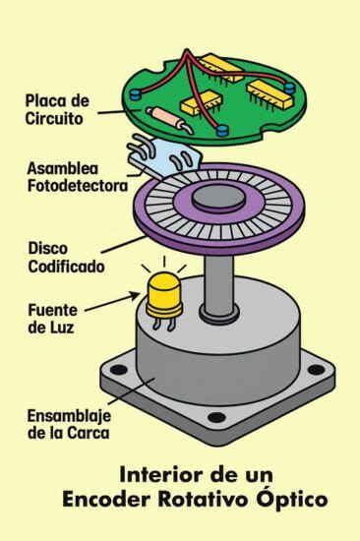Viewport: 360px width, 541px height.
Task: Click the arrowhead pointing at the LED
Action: pos(136,292)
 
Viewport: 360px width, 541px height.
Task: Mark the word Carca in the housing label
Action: pos(92,432)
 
